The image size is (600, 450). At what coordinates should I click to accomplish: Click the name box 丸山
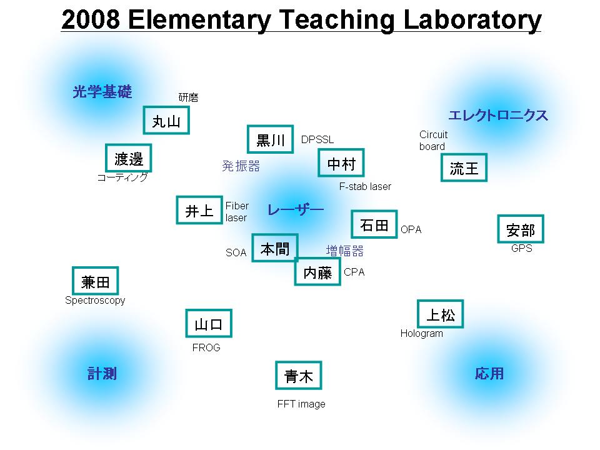[x=166, y=120]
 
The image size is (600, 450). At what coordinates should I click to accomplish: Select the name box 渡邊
[x=129, y=158]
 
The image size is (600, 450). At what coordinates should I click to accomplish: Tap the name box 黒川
[x=271, y=139]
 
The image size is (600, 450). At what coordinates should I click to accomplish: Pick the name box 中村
[x=341, y=163]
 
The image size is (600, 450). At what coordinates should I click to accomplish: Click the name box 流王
[x=464, y=167]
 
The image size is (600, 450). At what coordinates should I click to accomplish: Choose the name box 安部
[x=521, y=229]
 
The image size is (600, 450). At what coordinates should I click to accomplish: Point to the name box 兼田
[x=96, y=281]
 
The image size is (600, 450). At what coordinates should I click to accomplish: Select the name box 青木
[x=299, y=376]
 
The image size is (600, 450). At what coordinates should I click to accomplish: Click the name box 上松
[x=441, y=314]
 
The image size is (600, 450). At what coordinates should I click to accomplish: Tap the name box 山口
[x=209, y=323]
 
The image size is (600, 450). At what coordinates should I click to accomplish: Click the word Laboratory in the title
[x=472, y=20]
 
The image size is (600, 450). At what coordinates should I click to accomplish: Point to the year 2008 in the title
[x=91, y=19]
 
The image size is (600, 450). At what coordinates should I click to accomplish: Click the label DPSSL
[x=317, y=139]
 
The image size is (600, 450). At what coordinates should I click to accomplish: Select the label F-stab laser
[x=365, y=187]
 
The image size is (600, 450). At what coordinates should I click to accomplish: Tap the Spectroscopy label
[x=95, y=301]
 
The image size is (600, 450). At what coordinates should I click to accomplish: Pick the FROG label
[x=206, y=348]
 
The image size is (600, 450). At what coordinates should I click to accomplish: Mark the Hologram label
[x=422, y=334]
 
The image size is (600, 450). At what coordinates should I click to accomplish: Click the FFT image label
[x=301, y=404]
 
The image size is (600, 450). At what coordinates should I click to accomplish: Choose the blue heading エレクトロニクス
[x=498, y=115]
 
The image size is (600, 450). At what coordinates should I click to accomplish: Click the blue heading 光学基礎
[x=102, y=92]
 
